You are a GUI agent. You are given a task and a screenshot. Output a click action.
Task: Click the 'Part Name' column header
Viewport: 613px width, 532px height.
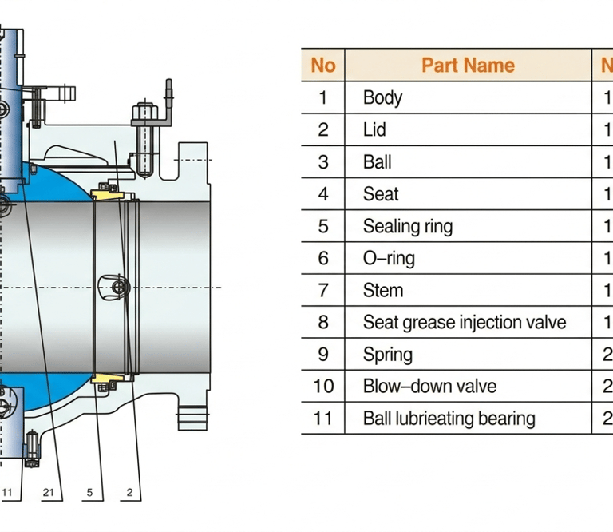point(468,66)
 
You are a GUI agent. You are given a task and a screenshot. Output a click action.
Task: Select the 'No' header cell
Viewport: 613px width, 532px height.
point(323,66)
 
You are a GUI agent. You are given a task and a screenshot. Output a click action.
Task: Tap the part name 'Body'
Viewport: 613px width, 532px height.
point(382,97)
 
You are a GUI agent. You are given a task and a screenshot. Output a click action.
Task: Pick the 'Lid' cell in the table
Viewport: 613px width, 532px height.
point(374,129)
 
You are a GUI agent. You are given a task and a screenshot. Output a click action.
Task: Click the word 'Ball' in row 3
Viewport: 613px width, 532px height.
point(377,162)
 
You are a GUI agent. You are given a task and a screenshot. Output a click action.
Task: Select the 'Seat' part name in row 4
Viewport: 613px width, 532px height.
point(381,194)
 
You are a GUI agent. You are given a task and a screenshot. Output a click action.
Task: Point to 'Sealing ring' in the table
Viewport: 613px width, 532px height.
point(408,227)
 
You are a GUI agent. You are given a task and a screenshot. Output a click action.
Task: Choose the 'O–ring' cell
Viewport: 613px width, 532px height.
point(389,258)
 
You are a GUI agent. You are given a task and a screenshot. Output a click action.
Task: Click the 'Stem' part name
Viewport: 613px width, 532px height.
point(383,290)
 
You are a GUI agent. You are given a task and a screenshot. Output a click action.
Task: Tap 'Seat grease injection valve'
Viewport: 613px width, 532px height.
point(465,323)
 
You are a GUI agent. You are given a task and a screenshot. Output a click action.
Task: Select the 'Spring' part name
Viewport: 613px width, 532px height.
point(387,355)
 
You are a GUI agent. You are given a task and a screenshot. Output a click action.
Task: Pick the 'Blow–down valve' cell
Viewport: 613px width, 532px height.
point(429,387)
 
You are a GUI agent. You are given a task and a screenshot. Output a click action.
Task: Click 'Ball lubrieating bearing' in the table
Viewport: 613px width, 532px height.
point(449,419)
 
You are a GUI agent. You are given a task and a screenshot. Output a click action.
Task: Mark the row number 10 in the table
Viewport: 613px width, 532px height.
point(323,387)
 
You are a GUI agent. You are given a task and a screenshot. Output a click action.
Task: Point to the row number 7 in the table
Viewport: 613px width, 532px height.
point(323,290)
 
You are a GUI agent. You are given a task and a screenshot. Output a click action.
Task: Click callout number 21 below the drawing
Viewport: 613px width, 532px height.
point(48,493)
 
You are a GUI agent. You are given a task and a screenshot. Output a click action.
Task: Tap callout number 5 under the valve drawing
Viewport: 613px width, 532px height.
point(89,493)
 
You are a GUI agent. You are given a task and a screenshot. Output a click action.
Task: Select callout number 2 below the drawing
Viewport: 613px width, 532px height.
point(130,493)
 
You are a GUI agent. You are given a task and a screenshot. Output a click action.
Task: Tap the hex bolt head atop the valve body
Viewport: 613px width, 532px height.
point(145,112)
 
